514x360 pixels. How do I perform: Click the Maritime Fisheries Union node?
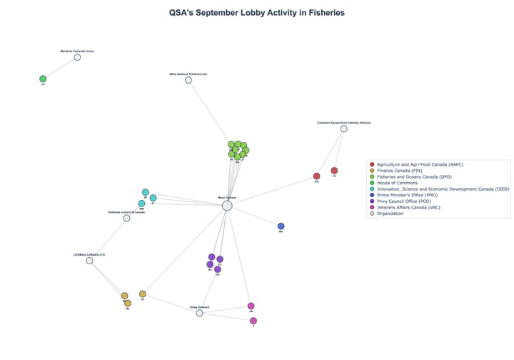tap(77, 57)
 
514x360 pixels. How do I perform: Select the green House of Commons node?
tap(43, 79)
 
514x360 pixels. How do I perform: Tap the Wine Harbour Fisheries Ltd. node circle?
tap(188, 80)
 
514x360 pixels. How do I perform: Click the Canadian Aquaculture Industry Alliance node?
tap(343, 129)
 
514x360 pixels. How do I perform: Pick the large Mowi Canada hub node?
tap(227, 206)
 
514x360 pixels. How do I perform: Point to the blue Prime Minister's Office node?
tap(281, 226)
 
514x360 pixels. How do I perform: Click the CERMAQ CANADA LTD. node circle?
tap(89, 261)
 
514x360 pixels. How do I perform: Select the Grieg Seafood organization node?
tap(199, 313)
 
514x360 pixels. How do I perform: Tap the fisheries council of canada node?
tap(126, 218)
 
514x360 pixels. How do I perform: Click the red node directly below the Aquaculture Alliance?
tap(334, 170)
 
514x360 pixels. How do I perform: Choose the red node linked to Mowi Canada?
tap(316, 176)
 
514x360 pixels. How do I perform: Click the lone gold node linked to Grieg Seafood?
tap(143, 294)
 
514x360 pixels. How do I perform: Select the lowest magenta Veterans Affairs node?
tap(253, 321)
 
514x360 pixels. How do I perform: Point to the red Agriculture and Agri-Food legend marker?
tap(372, 165)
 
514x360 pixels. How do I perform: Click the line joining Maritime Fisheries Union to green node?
tap(60, 68)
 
